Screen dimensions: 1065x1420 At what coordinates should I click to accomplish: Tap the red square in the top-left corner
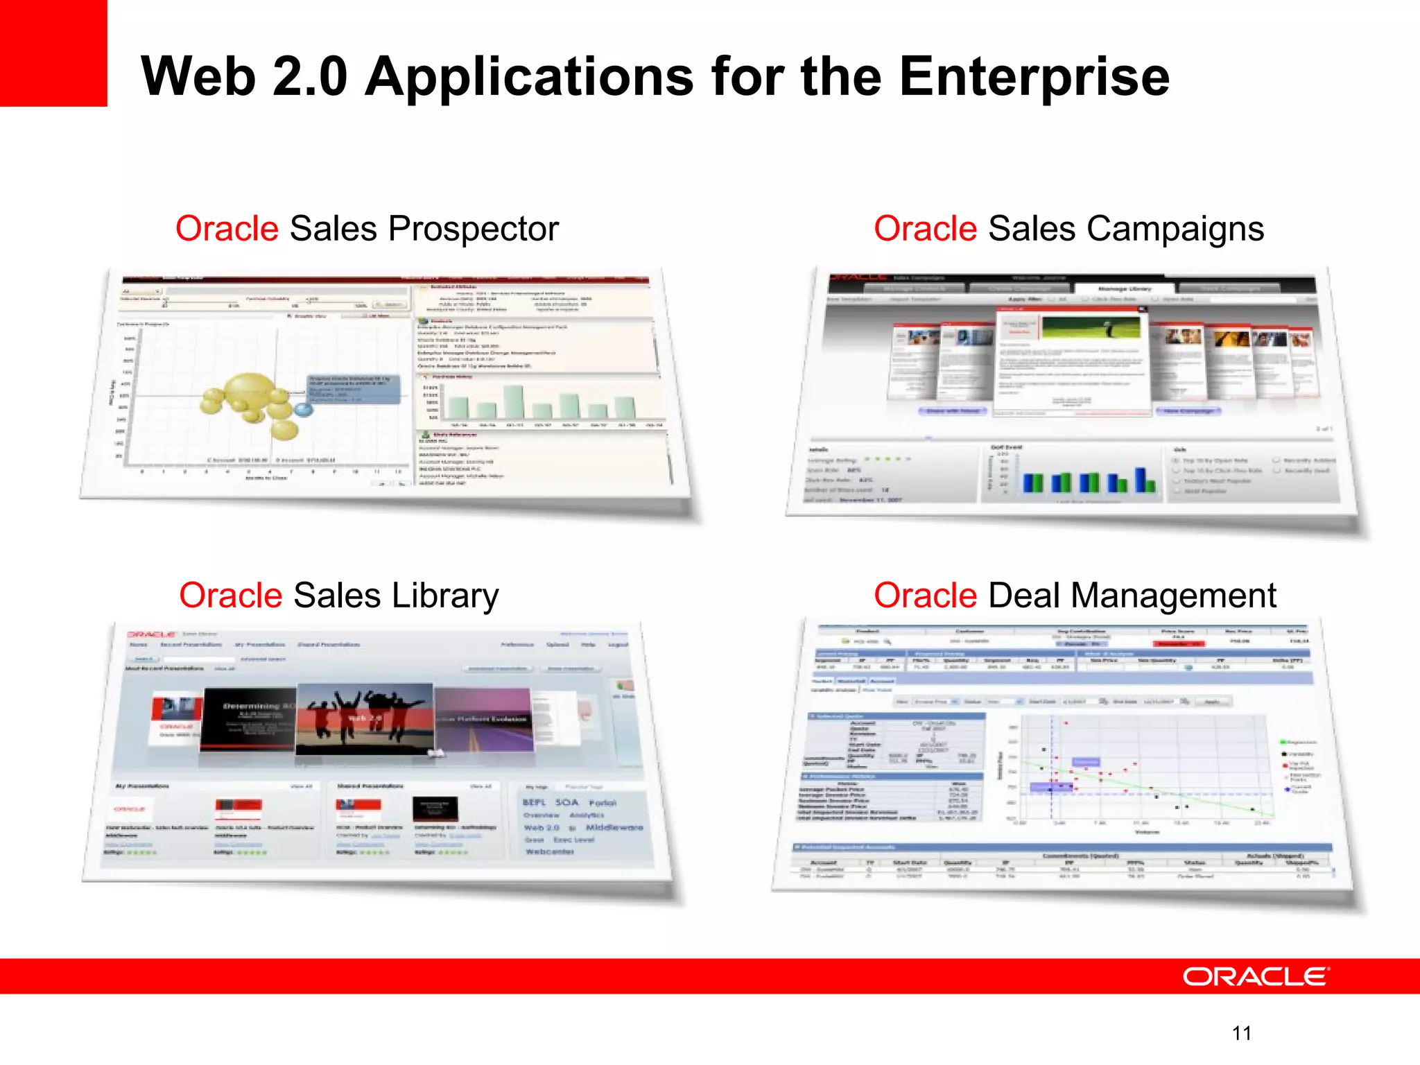coord(53,53)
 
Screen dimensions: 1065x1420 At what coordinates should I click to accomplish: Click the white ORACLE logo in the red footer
coord(1256,976)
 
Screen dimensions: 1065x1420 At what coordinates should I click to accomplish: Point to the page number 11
coord(1242,1033)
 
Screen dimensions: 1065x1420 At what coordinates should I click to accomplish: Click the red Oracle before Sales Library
coord(230,596)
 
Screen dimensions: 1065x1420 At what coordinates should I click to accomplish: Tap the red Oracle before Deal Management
coord(925,596)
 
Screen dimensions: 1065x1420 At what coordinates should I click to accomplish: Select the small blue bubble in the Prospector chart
coord(303,410)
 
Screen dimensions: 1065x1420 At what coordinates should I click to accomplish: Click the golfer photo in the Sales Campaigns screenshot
coord(1091,328)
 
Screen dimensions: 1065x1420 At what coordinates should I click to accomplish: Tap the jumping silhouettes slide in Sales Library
coord(365,718)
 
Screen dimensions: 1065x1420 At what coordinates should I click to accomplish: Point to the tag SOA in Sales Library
coord(566,802)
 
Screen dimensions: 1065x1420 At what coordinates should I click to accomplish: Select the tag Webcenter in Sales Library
coord(549,851)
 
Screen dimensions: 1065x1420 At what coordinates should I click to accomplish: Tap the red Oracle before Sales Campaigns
coord(925,229)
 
